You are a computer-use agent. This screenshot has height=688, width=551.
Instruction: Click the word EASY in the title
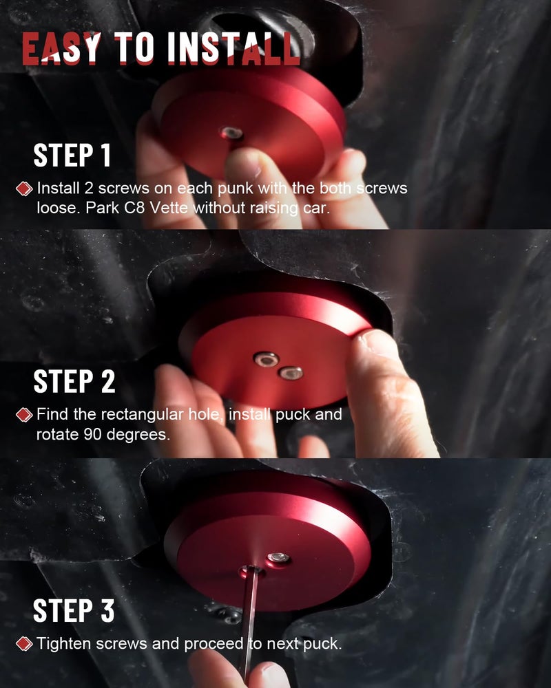click(61, 48)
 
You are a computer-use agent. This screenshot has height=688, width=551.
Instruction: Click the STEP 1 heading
click(72, 155)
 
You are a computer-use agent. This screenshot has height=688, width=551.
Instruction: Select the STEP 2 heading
click(74, 381)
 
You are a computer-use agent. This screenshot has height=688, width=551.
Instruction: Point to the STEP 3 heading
click(74, 610)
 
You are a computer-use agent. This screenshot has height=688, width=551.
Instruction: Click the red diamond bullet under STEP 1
click(24, 189)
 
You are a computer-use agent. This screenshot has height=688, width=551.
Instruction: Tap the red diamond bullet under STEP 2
click(24, 415)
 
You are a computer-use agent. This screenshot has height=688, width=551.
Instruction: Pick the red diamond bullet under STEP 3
click(24, 644)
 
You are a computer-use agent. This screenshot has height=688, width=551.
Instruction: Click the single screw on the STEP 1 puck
click(231, 133)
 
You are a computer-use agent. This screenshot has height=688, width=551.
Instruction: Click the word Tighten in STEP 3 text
click(64, 644)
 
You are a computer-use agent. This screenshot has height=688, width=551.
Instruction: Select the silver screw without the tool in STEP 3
click(278, 558)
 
